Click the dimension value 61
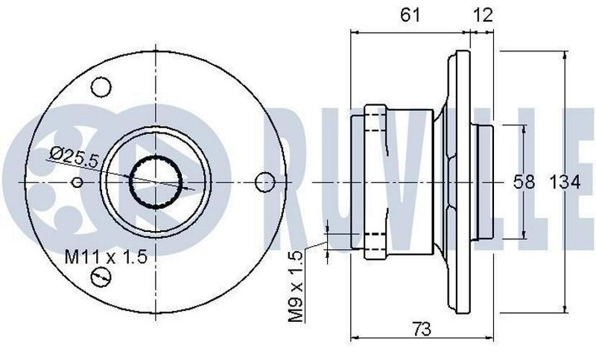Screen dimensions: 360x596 point(410,14)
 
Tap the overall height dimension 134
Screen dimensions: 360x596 point(565,182)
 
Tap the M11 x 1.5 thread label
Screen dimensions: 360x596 point(105,258)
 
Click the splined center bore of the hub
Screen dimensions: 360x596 point(156,182)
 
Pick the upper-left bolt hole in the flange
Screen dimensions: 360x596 point(101,86)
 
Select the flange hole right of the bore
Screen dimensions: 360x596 point(264,182)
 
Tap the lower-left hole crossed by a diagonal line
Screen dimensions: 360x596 point(101,278)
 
